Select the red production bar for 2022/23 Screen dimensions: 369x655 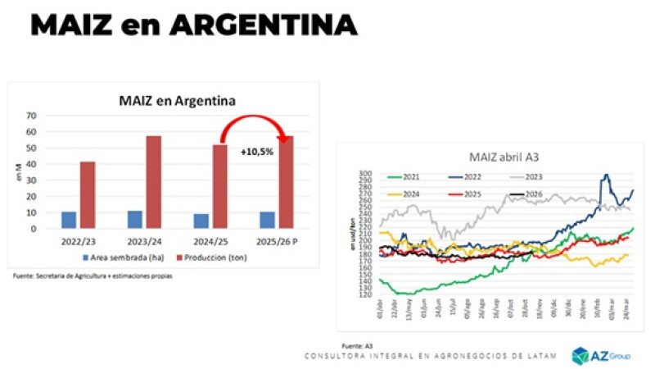[x=88, y=195]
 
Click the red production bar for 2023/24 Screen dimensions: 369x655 [x=154, y=182]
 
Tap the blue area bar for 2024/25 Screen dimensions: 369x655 [x=201, y=221]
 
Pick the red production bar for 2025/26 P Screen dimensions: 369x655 [x=286, y=182]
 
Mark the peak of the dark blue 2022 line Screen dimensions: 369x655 [x=606, y=175]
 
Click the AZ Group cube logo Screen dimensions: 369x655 [x=580, y=355]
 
